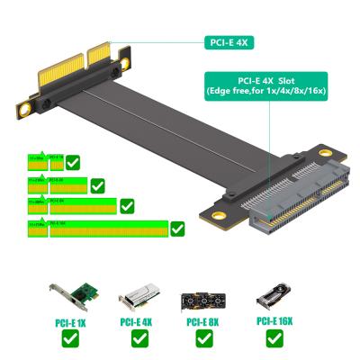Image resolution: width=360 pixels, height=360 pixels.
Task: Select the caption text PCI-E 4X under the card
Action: (x=139, y=321)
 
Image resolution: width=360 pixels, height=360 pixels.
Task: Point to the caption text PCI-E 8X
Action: (x=204, y=321)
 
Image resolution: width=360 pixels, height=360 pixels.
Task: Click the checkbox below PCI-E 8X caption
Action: (x=204, y=339)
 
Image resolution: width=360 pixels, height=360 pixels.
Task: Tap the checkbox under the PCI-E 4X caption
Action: (x=139, y=339)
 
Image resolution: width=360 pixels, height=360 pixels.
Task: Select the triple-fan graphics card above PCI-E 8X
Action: (x=204, y=299)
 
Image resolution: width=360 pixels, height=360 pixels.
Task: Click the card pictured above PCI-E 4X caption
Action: (x=139, y=298)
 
